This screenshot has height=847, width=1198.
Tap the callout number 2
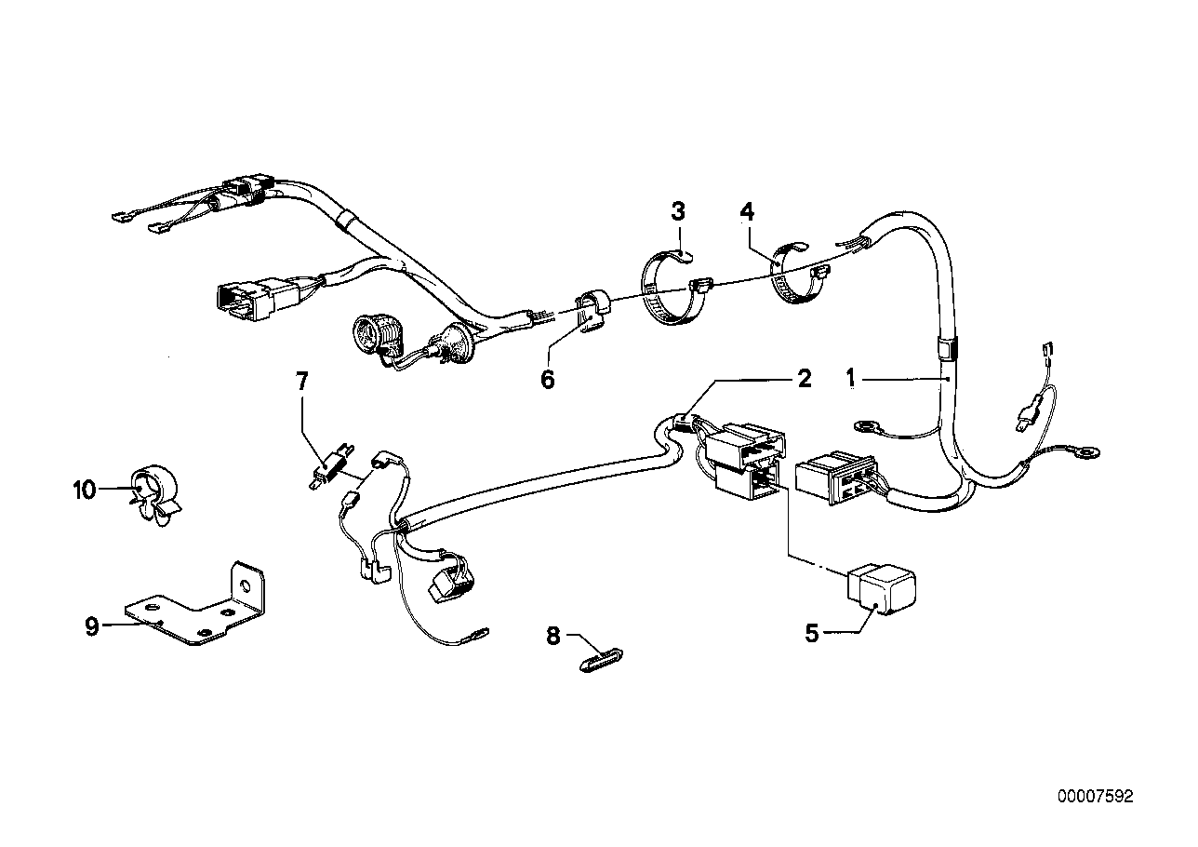(804, 378)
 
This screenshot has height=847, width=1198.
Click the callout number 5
(811, 634)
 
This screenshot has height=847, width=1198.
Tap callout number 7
(300, 380)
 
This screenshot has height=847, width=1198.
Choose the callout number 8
(553, 637)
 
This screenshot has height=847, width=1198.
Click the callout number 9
(92, 626)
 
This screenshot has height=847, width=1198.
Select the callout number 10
(84, 489)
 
